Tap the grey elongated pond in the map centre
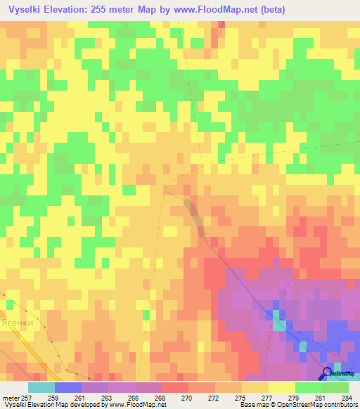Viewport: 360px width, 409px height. pyautogui.click(x=195, y=214)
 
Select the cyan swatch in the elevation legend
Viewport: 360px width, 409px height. pyautogui.click(x=41, y=387)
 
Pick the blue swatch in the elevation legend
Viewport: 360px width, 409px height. pyautogui.click(x=68, y=387)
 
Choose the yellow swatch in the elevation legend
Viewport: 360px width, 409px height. pyautogui.click(x=282, y=387)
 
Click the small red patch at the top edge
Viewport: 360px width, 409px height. pyautogui.click(x=221, y=25)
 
